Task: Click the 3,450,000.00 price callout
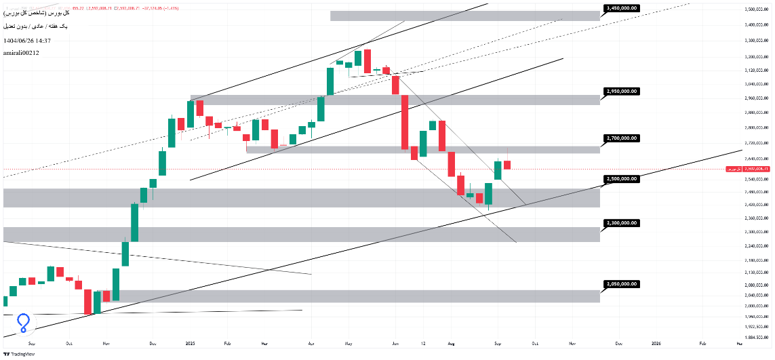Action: (x=621, y=8)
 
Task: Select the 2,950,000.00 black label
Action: (x=621, y=91)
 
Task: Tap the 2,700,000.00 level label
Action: (x=621, y=138)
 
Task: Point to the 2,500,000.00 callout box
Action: (x=621, y=179)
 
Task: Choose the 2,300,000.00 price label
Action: (x=621, y=222)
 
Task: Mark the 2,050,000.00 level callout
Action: (x=621, y=284)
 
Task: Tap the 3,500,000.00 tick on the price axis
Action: (x=755, y=9)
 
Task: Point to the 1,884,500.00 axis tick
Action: (x=755, y=337)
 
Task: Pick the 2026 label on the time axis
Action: (x=656, y=344)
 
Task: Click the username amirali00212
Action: (x=21, y=52)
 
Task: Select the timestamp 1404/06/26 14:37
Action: (x=27, y=41)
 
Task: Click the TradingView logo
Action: (x=20, y=353)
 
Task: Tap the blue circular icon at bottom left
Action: (x=24, y=322)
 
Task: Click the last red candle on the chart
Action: (x=507, y=165)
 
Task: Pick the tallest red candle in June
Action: (x=405, y=122)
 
